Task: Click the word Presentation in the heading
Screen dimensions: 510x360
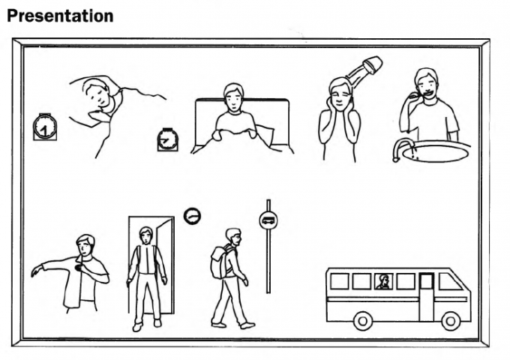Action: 60,15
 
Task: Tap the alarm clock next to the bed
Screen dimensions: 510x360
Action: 168,139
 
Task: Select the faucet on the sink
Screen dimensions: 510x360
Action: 403,145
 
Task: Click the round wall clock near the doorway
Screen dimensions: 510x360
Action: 193,215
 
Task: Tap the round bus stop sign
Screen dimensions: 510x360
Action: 268,220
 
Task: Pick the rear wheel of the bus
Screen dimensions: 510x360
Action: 362,320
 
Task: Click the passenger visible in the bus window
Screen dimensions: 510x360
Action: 384,282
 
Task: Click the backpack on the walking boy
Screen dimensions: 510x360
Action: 219,262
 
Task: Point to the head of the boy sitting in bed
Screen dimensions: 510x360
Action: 233,97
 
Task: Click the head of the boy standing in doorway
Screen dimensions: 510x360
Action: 145,235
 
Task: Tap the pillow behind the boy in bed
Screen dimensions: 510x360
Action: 264,136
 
